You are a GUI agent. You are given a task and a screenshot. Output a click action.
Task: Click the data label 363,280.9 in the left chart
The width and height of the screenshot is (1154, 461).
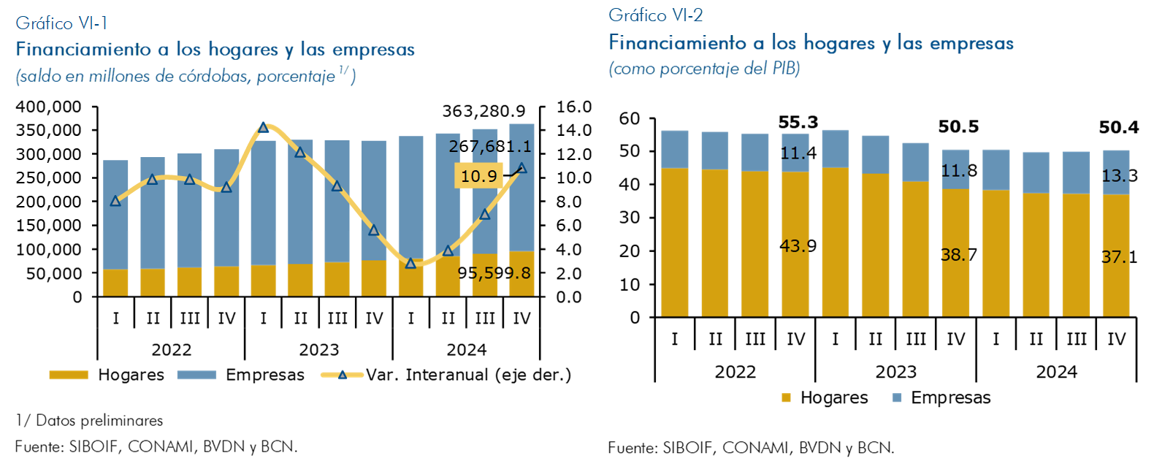click(x=484, y=111)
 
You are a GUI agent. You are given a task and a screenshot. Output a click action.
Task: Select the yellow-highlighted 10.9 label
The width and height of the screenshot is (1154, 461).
click(x=478, y=176)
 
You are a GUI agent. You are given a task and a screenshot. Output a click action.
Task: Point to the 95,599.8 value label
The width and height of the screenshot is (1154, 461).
click(x=494, y=273)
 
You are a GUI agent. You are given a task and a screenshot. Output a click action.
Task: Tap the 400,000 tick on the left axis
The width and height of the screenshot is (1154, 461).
click(x=49, y=107)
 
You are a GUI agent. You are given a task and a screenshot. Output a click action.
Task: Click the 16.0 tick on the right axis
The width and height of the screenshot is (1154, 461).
click(x=573, y=107)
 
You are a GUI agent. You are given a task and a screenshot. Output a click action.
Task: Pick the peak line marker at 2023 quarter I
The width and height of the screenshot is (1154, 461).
click(x=264, y=128)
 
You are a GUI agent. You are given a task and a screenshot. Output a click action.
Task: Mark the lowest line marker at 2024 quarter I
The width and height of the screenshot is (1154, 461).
click(x=410, y=263)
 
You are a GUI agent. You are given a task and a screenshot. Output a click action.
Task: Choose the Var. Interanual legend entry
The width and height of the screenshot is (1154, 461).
click(x=467, y=375)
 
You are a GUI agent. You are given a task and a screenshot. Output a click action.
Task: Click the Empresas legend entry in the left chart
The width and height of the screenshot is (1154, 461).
click(x=264, y=375)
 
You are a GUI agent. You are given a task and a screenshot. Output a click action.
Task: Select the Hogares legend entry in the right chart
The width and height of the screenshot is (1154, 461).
click(x=833, y=397)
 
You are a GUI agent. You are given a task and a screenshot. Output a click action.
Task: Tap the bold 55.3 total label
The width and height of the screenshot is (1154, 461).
click(x=798, y=122)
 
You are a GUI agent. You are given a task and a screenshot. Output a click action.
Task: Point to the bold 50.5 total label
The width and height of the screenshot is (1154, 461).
click(x=958, y=126)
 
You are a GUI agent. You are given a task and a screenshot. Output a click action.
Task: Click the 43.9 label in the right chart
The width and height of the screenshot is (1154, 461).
click(x=798, y=245)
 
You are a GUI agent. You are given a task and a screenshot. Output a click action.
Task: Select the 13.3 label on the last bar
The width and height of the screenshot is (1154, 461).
click(x=1119, y=175)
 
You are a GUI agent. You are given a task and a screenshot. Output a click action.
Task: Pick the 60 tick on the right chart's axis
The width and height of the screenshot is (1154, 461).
click(x=630, y=118)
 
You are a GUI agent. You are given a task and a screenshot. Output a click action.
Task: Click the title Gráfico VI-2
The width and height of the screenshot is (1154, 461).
click(x=655, y=15)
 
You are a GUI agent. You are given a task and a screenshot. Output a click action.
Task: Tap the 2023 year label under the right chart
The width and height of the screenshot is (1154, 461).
click(x=895, y=372)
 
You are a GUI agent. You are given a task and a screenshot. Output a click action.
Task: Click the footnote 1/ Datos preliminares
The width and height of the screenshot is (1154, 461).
click(x=89, y=420)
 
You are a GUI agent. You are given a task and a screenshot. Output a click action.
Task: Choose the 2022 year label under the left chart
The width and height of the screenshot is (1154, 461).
click(x=171, y=349)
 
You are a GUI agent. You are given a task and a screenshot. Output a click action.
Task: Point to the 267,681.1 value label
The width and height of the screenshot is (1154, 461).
click(x=490, y=146)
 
